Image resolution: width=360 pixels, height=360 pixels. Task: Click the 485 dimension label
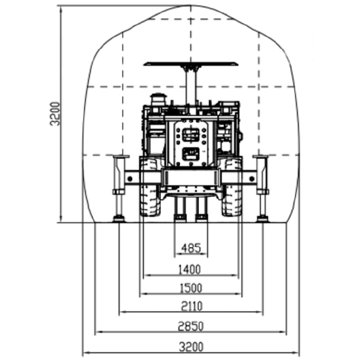[191, 248]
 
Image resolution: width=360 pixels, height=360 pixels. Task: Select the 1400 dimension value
[189, 269]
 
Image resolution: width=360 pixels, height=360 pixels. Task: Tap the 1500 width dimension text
[191, 288]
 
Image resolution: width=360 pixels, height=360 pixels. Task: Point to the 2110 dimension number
[192, 306]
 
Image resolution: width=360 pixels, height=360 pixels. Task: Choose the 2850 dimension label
[191, 326]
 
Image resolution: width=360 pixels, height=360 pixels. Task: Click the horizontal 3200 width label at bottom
[191, 346]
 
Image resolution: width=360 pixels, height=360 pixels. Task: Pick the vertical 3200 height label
[55, 114]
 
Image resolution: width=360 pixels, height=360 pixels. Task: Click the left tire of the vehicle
[150, 187]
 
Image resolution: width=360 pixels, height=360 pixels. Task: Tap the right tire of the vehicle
[232, 187]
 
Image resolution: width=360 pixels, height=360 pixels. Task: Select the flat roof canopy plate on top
[191, 63]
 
